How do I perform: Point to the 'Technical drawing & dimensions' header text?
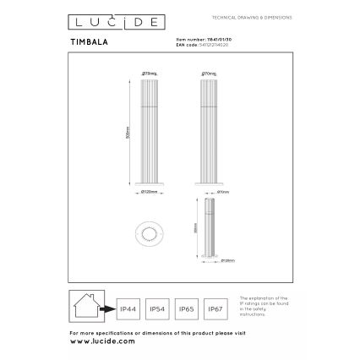(251, 17)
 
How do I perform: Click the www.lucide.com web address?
(102, 341)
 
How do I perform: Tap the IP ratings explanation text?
(263, 308)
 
